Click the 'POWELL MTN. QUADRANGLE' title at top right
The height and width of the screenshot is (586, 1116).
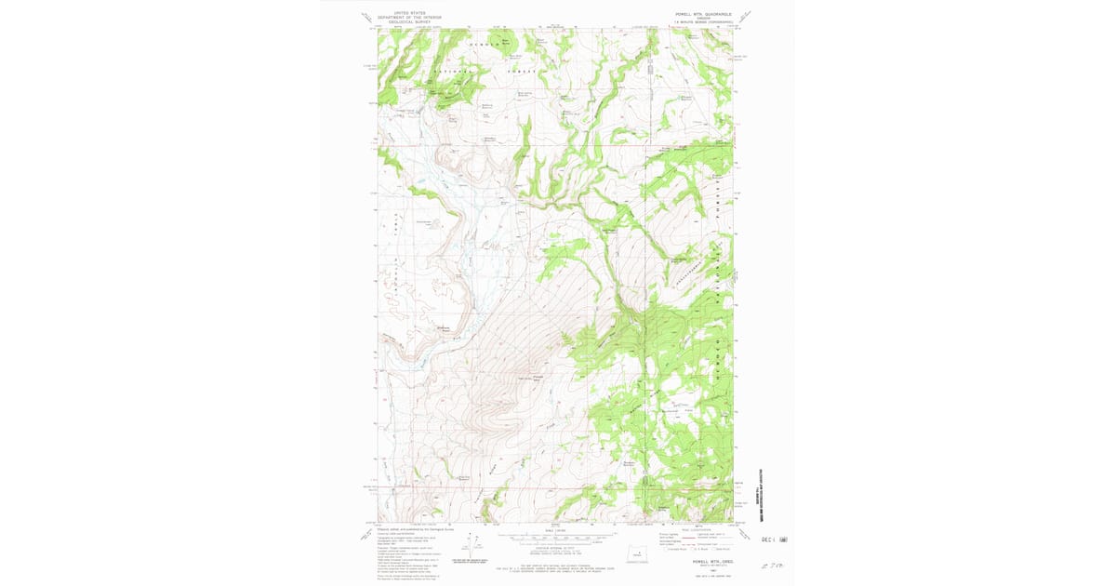click(x=703, y=15)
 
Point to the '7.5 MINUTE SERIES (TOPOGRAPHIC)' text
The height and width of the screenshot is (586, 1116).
click(x=703, y=23)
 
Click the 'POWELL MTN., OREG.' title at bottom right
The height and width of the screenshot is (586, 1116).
click(x=704, y=561)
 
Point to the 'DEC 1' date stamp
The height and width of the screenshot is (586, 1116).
click(x=768, y=539)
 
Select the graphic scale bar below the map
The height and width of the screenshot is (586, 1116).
click(x=555, y=537)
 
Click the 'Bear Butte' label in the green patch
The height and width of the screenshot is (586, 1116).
click(x=507, y=41)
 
